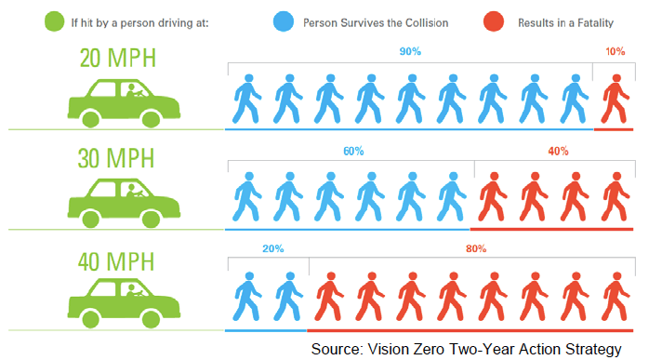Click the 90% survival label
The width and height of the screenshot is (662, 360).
(410, 52)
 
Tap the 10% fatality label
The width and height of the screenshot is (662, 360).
(615, 52)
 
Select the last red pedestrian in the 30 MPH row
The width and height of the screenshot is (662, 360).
(614, 198)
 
